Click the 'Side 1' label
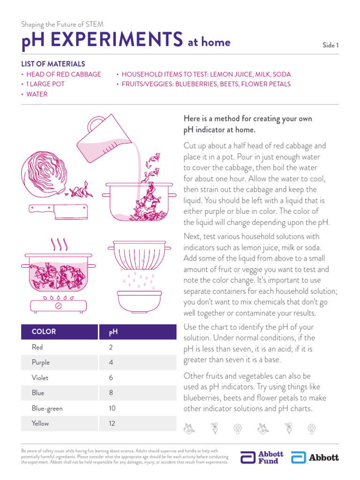[x=330, y=45]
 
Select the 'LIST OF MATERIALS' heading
[x=53, y=64]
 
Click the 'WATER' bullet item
[x=37, y=94]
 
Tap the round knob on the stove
[x=59, y=305]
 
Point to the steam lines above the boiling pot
[x=59, y=244]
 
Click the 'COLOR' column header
[x=44, y=331]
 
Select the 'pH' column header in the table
[x=113, y=332]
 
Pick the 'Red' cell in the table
[x=37, y=347]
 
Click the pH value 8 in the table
[x=111, y=393]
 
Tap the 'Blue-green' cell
[x=47, y=408]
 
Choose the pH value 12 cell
[x=112, y=423]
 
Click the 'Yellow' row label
[x=40, y=423]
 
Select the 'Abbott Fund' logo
[x=262, y=457]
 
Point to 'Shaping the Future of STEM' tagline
[x=62, y=24]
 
